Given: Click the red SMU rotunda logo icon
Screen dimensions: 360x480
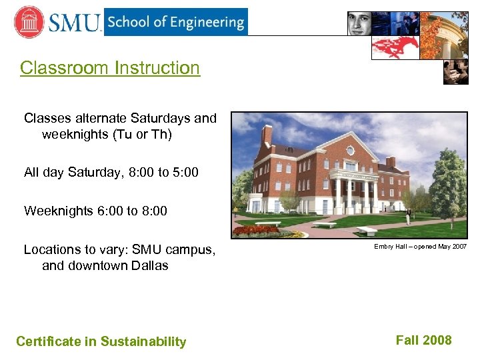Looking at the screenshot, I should tap(29, 22).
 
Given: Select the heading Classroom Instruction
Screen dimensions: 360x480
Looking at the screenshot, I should tap(110, 68).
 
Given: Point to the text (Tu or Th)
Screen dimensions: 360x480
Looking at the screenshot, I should tap(140, 134).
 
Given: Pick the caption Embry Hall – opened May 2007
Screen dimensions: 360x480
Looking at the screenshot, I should tap(420, 247).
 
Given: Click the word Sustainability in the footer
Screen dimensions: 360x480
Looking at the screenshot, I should tap(143, 342).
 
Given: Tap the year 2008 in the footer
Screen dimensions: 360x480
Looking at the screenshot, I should tap(437, 341).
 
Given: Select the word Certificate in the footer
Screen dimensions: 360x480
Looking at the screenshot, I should tap(48, 342).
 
